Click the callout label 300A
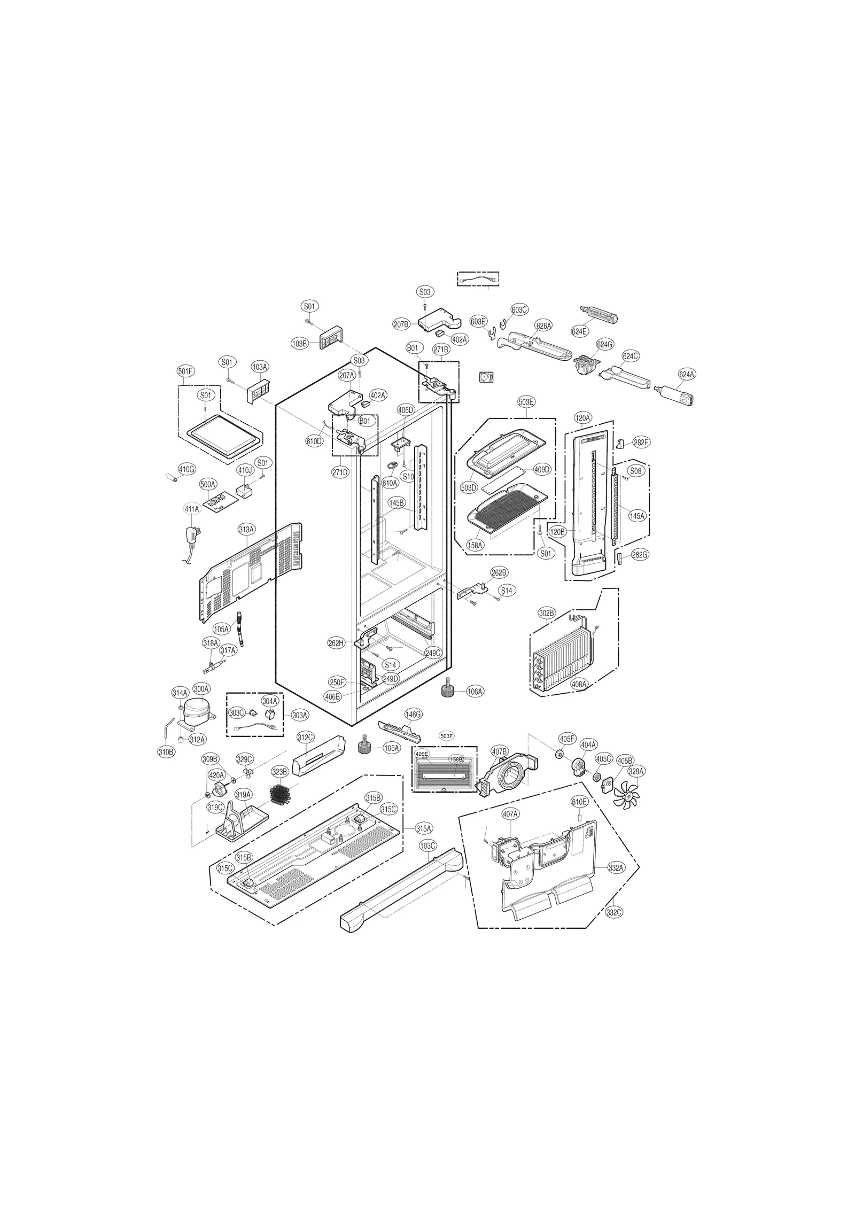pyautogui.click(x=201, y=689)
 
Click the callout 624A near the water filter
pyautogui.click(x=687, y=374)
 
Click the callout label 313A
pyautogui.click(x=246, y=529)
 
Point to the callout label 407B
pyautogui.click(x=499, y=751)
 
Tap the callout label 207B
pyautogui.click(x=401, y=324)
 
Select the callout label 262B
pyautogui.click(x=499, y=572)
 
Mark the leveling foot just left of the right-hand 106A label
pyautogui.click(x=447, y=691)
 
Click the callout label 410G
pyautogui.click(x=186, y=469)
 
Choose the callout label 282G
pyautogui.click(x=639, y=555)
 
